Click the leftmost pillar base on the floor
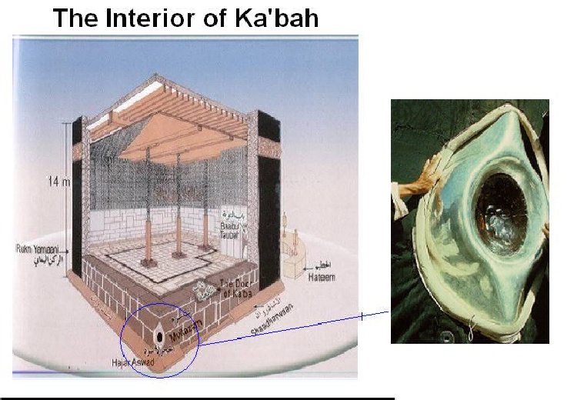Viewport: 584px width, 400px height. [x=147, y=264]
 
